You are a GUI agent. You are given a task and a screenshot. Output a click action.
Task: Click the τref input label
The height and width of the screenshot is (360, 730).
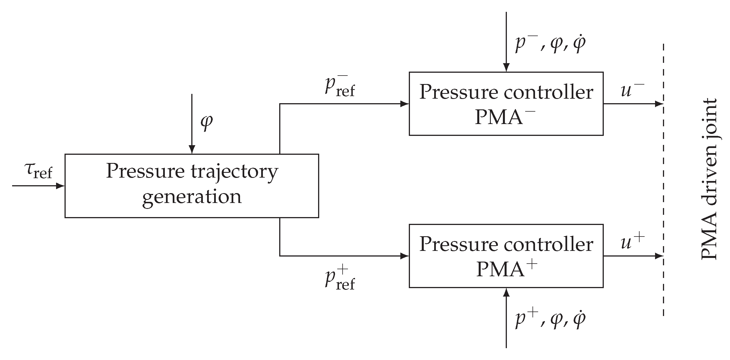(x=39, y=171)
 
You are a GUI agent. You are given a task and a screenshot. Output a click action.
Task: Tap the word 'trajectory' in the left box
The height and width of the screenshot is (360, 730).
(x=234, y=172)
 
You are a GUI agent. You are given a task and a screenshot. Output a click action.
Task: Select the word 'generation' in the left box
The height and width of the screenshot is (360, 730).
(x=192, y=197)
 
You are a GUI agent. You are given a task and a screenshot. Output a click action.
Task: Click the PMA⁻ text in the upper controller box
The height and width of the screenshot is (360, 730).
(x=505, y=117)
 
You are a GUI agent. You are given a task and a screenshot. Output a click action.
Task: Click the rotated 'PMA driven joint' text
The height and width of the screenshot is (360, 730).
(x=709, y=179)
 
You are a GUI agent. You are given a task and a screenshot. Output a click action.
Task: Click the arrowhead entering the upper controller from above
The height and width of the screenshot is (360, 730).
(x=506, y=68)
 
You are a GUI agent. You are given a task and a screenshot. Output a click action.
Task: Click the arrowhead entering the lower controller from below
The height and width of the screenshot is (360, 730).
(x=506, y=292)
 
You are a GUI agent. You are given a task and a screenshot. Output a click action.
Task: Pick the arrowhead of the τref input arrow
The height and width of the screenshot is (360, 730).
(x=60, y=186)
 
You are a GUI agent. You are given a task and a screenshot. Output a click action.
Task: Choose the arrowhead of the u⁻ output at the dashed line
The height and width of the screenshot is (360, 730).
(x=659, y=104)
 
